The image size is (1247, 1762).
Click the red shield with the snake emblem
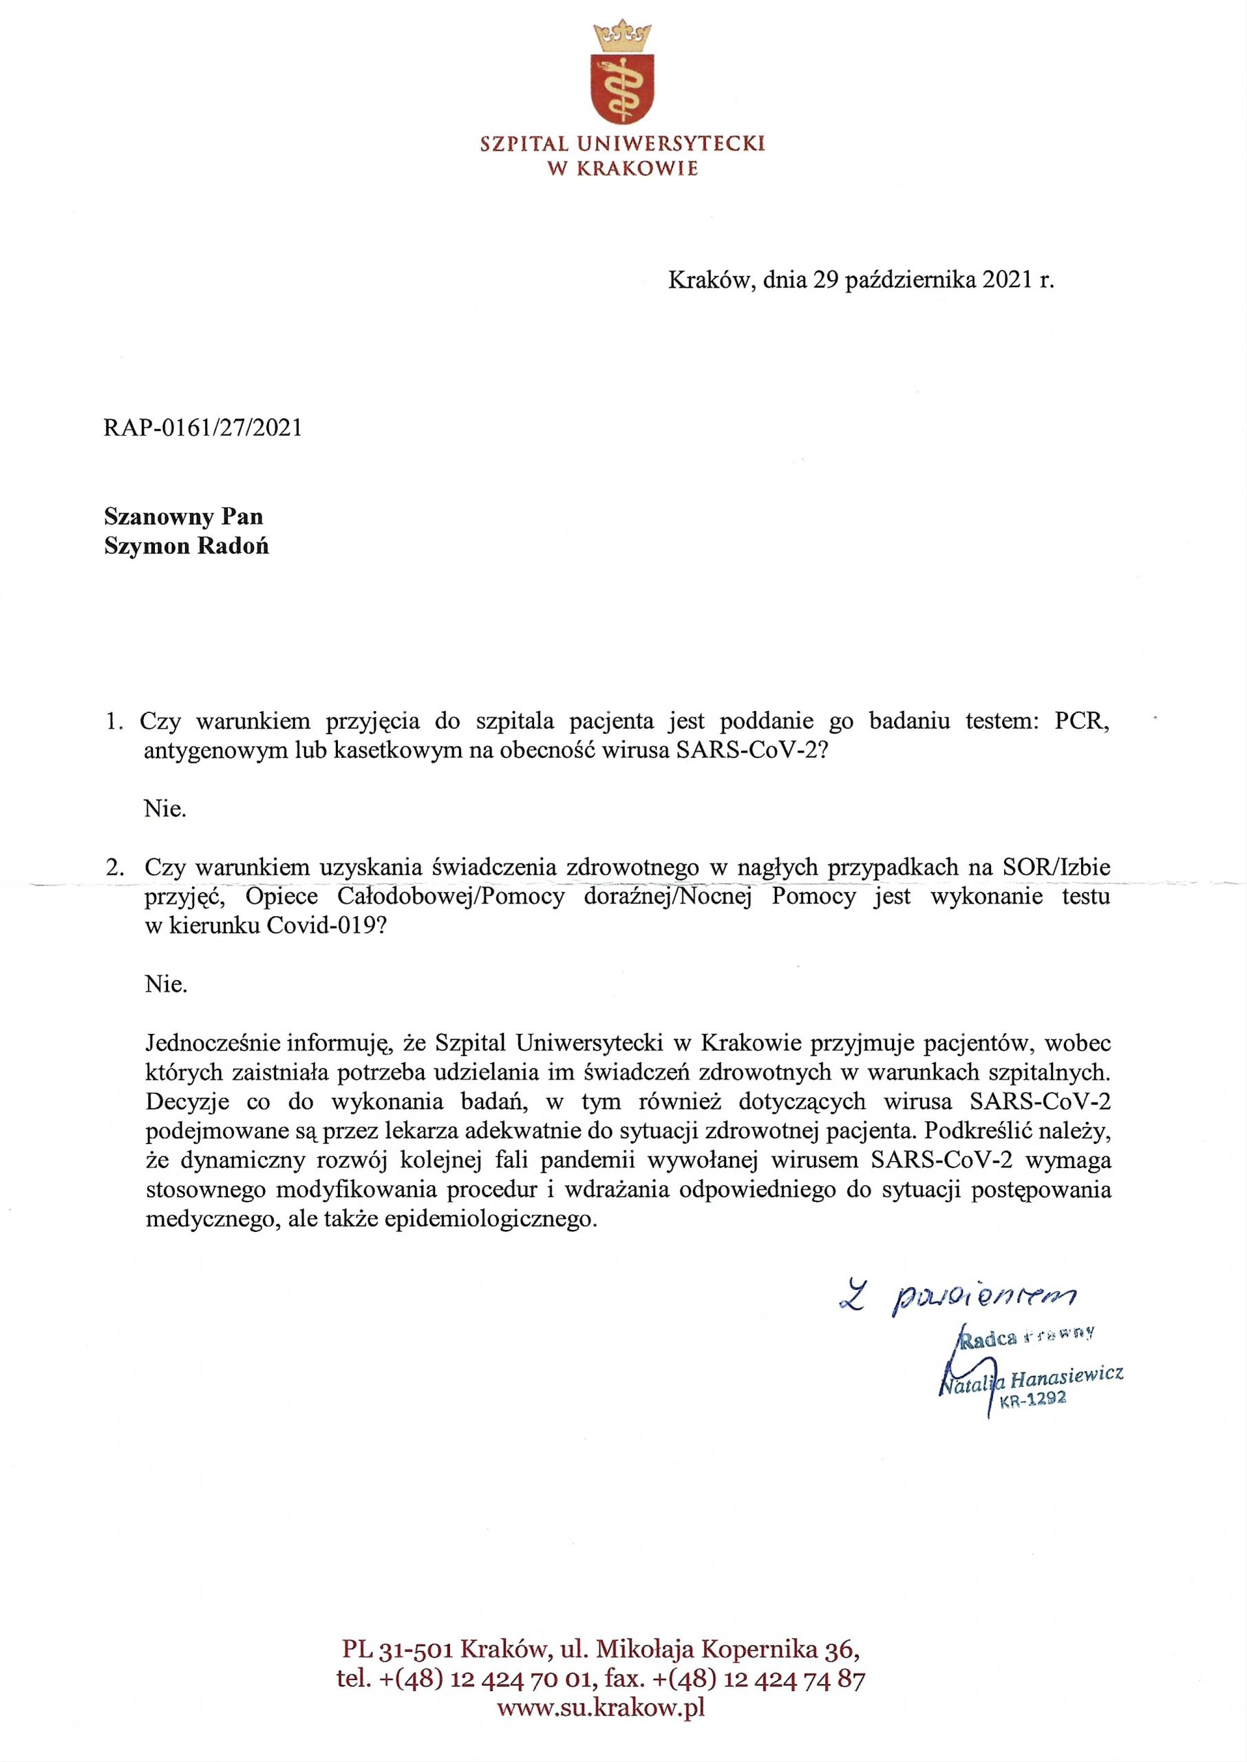(x=622, y=90)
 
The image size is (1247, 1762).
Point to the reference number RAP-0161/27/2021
(x=203, y=427)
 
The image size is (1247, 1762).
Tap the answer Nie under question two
(x=165, y=984)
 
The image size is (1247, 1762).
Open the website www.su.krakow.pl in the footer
(x=601, y=1708)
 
